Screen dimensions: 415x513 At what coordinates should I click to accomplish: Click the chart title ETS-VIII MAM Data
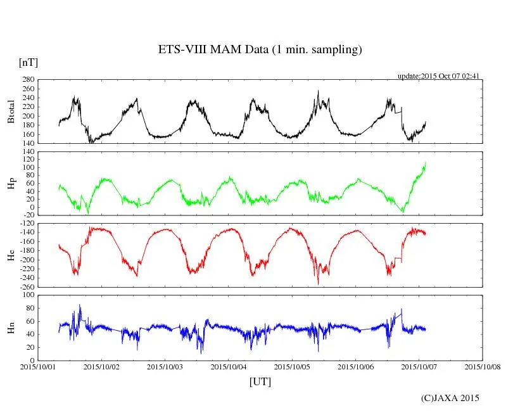tap(260, 50)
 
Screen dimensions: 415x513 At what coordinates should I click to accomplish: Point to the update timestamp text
tap(438, 76)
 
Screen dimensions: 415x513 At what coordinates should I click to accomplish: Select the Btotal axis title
tap(11, 111)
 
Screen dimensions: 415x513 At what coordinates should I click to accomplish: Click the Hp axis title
tap(11, 183)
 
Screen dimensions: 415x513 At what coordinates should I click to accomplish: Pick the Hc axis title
tap(11, 255)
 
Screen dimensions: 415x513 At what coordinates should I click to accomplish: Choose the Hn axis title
tap(11, 328)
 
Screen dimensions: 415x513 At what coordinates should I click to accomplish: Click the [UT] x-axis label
tap(260, 381)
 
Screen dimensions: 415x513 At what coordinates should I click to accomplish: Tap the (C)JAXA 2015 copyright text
tap(450, 398)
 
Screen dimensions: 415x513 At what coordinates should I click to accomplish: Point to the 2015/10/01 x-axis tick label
tap(38, 366)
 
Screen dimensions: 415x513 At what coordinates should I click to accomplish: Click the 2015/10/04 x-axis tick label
tap(229, 366)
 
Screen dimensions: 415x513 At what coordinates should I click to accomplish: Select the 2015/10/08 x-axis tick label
tap(483, 366)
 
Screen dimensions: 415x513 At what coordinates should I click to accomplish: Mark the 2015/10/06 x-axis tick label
tap(356, 366)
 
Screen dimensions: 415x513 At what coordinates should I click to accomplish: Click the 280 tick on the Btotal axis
tap(27, 80)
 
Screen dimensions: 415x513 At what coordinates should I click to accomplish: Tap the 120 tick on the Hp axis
tap(27, 152)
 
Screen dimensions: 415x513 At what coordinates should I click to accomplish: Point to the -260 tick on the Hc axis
tap(25, 287)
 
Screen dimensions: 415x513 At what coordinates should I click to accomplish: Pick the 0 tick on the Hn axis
tap(32, 360)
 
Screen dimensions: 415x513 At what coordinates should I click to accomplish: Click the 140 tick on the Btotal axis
tap(27, 143)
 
